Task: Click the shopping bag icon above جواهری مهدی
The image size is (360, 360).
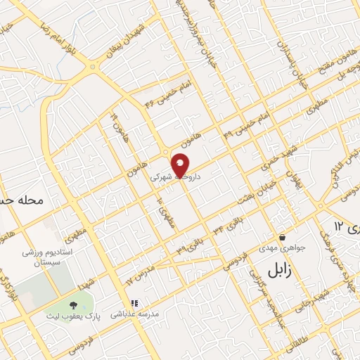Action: [282, 237]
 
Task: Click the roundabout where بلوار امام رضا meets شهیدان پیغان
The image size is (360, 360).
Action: [92, 67]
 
